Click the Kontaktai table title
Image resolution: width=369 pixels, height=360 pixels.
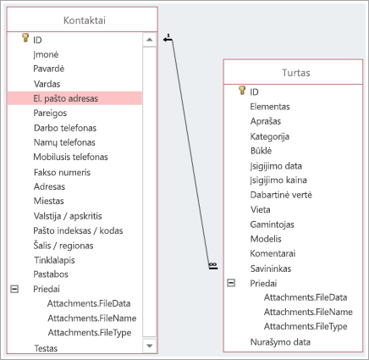pyautogui.click(x=85, y=20)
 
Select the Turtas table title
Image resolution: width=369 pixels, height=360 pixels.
pyautogui.click(x=296, y=73)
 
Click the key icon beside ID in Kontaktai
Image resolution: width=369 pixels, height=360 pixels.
pyautogui.click(x=25, y=38)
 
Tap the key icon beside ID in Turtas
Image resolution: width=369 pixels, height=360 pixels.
pyautogui.click(x=242, y=90)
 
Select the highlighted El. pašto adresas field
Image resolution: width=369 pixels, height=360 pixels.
pyautogui.click(x=66, y=98)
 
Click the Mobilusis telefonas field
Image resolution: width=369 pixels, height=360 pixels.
pyautogui.click(x=70, y=157)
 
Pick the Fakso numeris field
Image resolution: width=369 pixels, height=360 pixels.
pyautogui.click(x=62, y=172)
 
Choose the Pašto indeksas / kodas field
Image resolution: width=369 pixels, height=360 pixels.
pyautogui.click(x=78, y=230)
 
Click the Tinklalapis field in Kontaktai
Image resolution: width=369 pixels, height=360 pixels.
pyautogui.click(x=54, y=260)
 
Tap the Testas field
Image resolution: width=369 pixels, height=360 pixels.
pyautogui.click(x=46, y=348)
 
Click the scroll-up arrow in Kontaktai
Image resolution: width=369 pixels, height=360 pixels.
pyautogui.click(x=150, y=40)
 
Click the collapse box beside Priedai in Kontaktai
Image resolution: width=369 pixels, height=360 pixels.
pyautogui.click(x=14, y=289)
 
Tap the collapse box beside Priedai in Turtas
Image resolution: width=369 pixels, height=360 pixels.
pyautogui.click(x=231, y=283)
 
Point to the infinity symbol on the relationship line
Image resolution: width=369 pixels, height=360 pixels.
pyautogui.click(x=213, y=264)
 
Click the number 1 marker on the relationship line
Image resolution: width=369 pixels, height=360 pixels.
pyautogui.click(x=168, y=36)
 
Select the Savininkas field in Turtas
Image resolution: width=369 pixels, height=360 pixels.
pyautogui.click(x=271, y=269)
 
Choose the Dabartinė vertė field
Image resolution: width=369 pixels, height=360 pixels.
pyautogui.click(x=281, y=195)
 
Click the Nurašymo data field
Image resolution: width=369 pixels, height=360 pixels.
pyautogui.click(x=280, y=342)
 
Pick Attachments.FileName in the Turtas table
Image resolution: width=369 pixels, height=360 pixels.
pyautogui.click(x=308, y=312)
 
